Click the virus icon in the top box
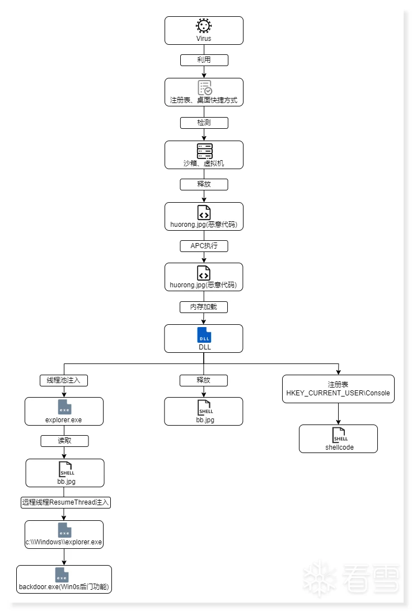point(204,26)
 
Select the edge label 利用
point(204,60)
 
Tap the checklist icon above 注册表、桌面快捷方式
point(205,88)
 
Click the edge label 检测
point(204,123)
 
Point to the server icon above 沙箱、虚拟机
point(204,151)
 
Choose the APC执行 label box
point(204,246)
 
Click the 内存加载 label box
point(204,307)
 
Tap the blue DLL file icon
point(204,335)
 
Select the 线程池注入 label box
point(64,380)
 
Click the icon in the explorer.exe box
point(64,407)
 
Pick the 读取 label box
point(64,441)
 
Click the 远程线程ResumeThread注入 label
point(65,502)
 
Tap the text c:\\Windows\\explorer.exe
point(64,542)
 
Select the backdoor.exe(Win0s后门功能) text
point(64,587)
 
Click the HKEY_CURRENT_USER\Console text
point(338,393)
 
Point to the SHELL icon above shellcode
point(340,435)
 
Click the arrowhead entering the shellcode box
point(339,422)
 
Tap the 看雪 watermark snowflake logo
point(320,579)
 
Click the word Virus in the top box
point(204,39)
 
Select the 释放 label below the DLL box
point(204,380)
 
